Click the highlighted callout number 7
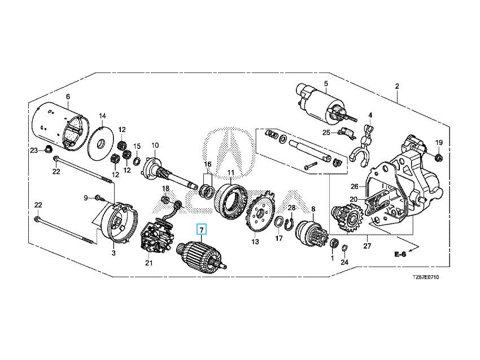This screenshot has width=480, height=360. click(201, 230)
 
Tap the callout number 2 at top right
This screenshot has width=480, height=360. click(397, 86)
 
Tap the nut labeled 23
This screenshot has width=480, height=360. click(49, 150)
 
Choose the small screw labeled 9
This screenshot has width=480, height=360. click(98, 197)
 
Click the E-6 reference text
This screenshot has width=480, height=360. click(400, 255)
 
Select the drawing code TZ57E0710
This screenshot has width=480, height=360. click(425, 278)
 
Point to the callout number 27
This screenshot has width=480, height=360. click(368, 246)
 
